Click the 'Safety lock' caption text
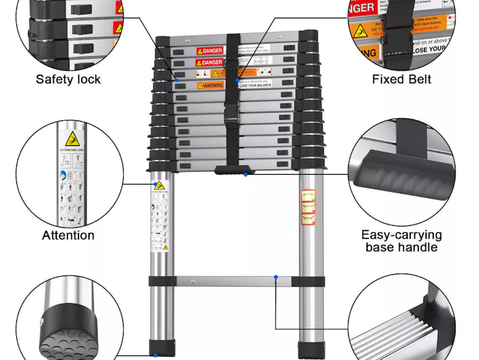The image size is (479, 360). coord(68,79)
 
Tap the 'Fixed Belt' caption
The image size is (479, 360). coord(401,79)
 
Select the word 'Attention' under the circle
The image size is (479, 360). coord(68,236)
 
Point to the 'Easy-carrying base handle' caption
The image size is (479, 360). coord(401,241)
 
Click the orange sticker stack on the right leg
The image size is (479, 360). coord(308,207)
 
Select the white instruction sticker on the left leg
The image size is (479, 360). coord(160,216)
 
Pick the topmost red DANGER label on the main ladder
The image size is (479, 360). coord(210,50)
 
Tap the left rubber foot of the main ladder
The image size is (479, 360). coord(162,348)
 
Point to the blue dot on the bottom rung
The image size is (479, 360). coord(275,278)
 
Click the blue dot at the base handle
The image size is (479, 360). coord(245,174)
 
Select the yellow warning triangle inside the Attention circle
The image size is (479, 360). coord(71,139)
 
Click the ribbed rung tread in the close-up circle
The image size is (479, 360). coord(399,334)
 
